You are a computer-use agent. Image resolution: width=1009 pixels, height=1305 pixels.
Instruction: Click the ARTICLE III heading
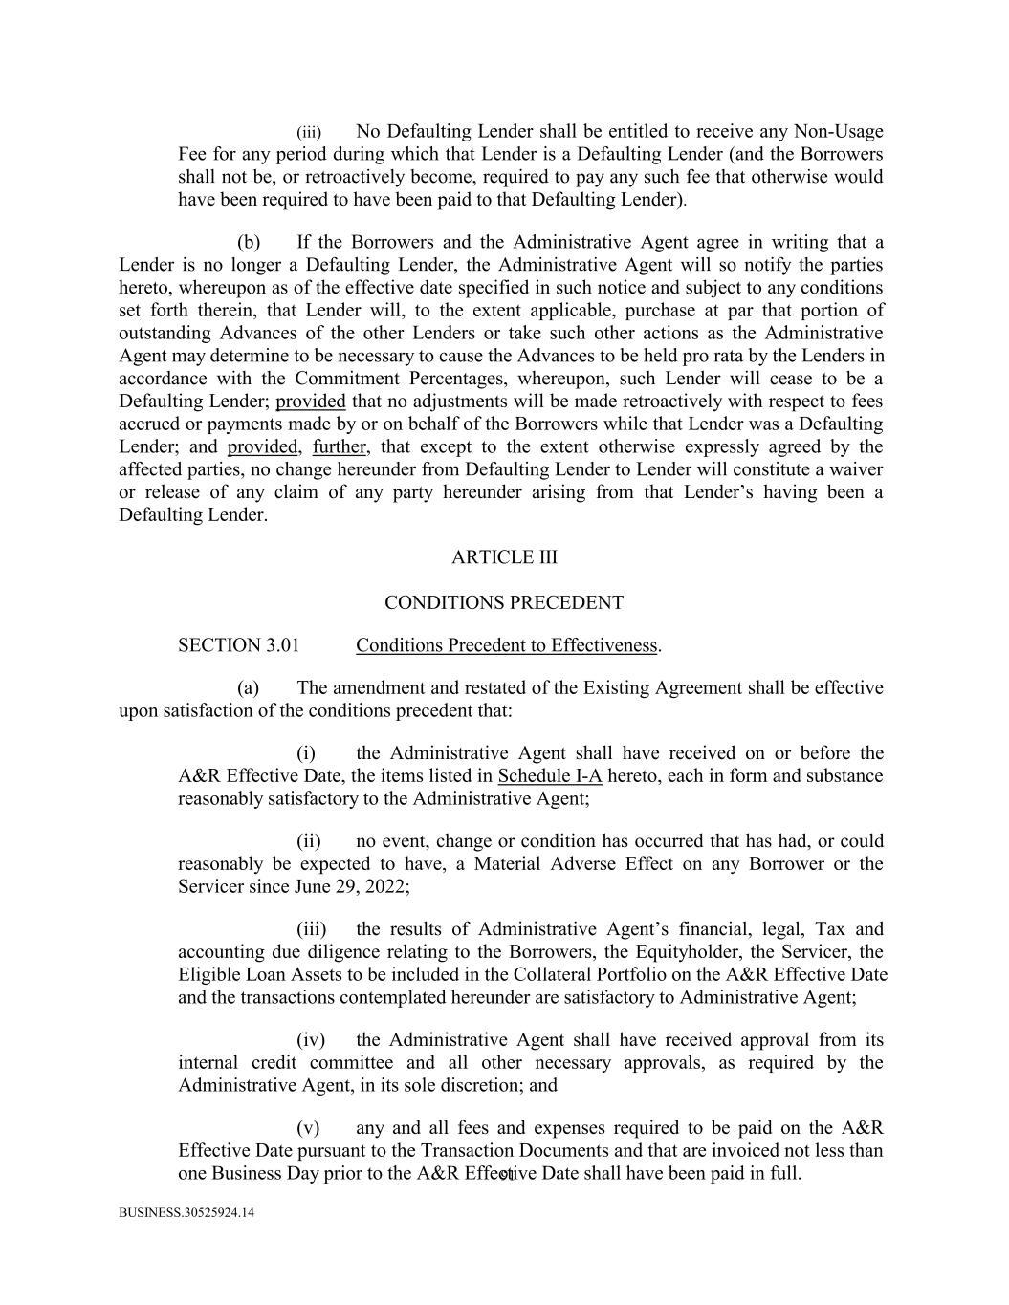(x=504, y=557)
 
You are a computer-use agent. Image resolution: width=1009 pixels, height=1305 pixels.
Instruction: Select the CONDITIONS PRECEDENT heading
(x=504, y=603)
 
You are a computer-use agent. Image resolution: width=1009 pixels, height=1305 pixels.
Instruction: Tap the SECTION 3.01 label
(x=238, y=645)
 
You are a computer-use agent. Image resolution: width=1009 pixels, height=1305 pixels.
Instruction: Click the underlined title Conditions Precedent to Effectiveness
(x=506, y=645)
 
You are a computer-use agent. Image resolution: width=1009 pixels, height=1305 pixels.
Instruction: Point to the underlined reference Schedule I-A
(x=549, y=776)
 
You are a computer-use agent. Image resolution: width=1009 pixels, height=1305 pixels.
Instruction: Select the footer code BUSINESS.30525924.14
(x=186, y=1213)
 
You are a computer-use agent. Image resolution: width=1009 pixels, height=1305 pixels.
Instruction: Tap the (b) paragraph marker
(x=249, y=242)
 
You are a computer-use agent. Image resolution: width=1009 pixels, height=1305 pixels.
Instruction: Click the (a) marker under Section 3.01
(x=249, y=688)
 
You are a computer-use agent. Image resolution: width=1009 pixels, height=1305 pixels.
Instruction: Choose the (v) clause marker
(x=308, y=1128)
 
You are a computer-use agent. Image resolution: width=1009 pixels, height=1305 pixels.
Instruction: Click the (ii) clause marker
(x=308, y=841)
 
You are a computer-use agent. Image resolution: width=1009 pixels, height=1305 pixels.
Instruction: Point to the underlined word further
(x=340, y=447)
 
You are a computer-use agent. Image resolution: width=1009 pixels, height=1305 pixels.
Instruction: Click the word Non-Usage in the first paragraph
(x=839, y=131)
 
